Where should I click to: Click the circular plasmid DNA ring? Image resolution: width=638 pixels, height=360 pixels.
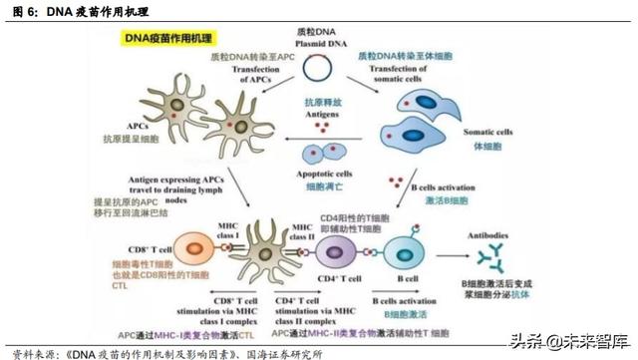coord(318,69)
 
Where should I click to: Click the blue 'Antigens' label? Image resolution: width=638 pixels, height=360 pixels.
coord(318,114)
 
